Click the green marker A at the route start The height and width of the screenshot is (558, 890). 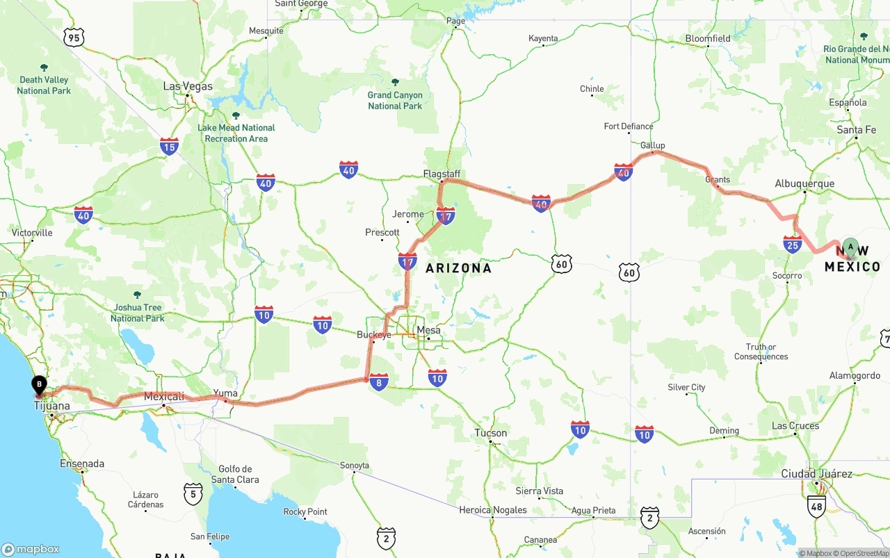[x=850, y=248]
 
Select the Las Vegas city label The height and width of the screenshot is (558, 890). [x=188, y=86]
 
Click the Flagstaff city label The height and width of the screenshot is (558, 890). [x=442, y=174]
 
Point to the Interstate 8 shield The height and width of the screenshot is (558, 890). [x=379, y=381]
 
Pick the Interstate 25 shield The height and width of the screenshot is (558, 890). [x=792, y=244]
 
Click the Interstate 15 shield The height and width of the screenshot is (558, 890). [x=169, y=146]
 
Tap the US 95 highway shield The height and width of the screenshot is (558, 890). [x=74, y=38]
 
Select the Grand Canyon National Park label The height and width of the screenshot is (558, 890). [x=395, y=100]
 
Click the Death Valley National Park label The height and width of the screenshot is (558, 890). [x=44, y=85]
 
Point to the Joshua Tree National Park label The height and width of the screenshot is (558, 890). [x=137, y=313]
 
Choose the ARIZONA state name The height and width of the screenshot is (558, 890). [x=458, y=268]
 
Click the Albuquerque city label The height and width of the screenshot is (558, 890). [x=804, y=184]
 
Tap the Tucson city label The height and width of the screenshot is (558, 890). [x=491, y=433]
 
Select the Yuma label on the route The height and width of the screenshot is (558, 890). [x=225, y=393]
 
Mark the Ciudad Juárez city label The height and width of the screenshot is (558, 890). [x=816, y=474]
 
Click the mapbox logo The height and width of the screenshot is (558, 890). [x=31, y=549]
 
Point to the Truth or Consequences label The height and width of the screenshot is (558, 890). [x=761, y=352]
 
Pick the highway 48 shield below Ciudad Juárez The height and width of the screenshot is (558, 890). [x=817, y=507]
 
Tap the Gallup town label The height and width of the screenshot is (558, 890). [x=652, y=145]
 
